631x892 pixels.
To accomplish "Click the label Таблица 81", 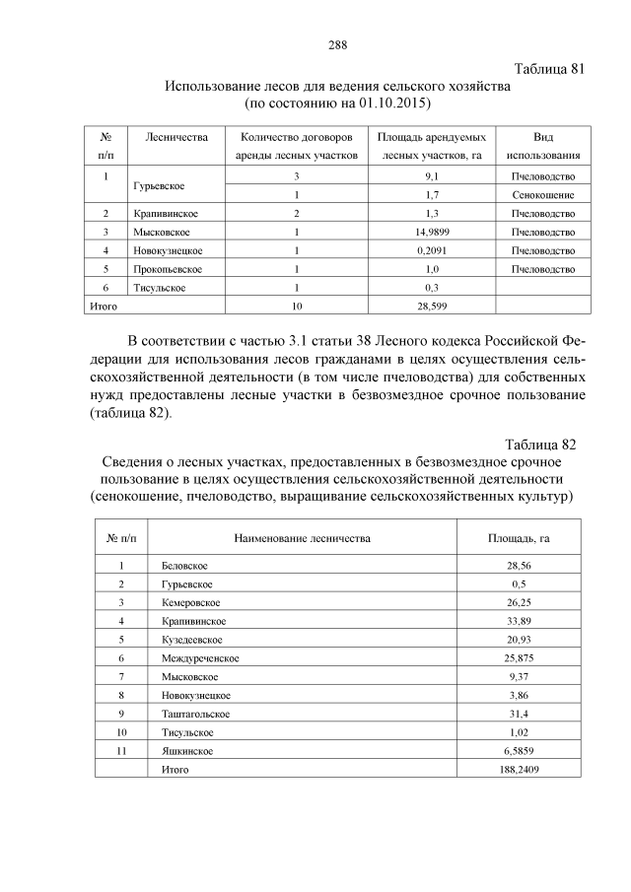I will point(550,69).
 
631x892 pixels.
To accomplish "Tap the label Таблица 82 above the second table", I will point(538,444).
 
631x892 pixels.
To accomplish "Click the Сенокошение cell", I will point(542,195).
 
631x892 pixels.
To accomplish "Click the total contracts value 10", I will point(296,307).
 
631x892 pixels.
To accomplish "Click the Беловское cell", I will point(184,566).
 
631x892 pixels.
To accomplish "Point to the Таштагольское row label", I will point(195,713).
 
